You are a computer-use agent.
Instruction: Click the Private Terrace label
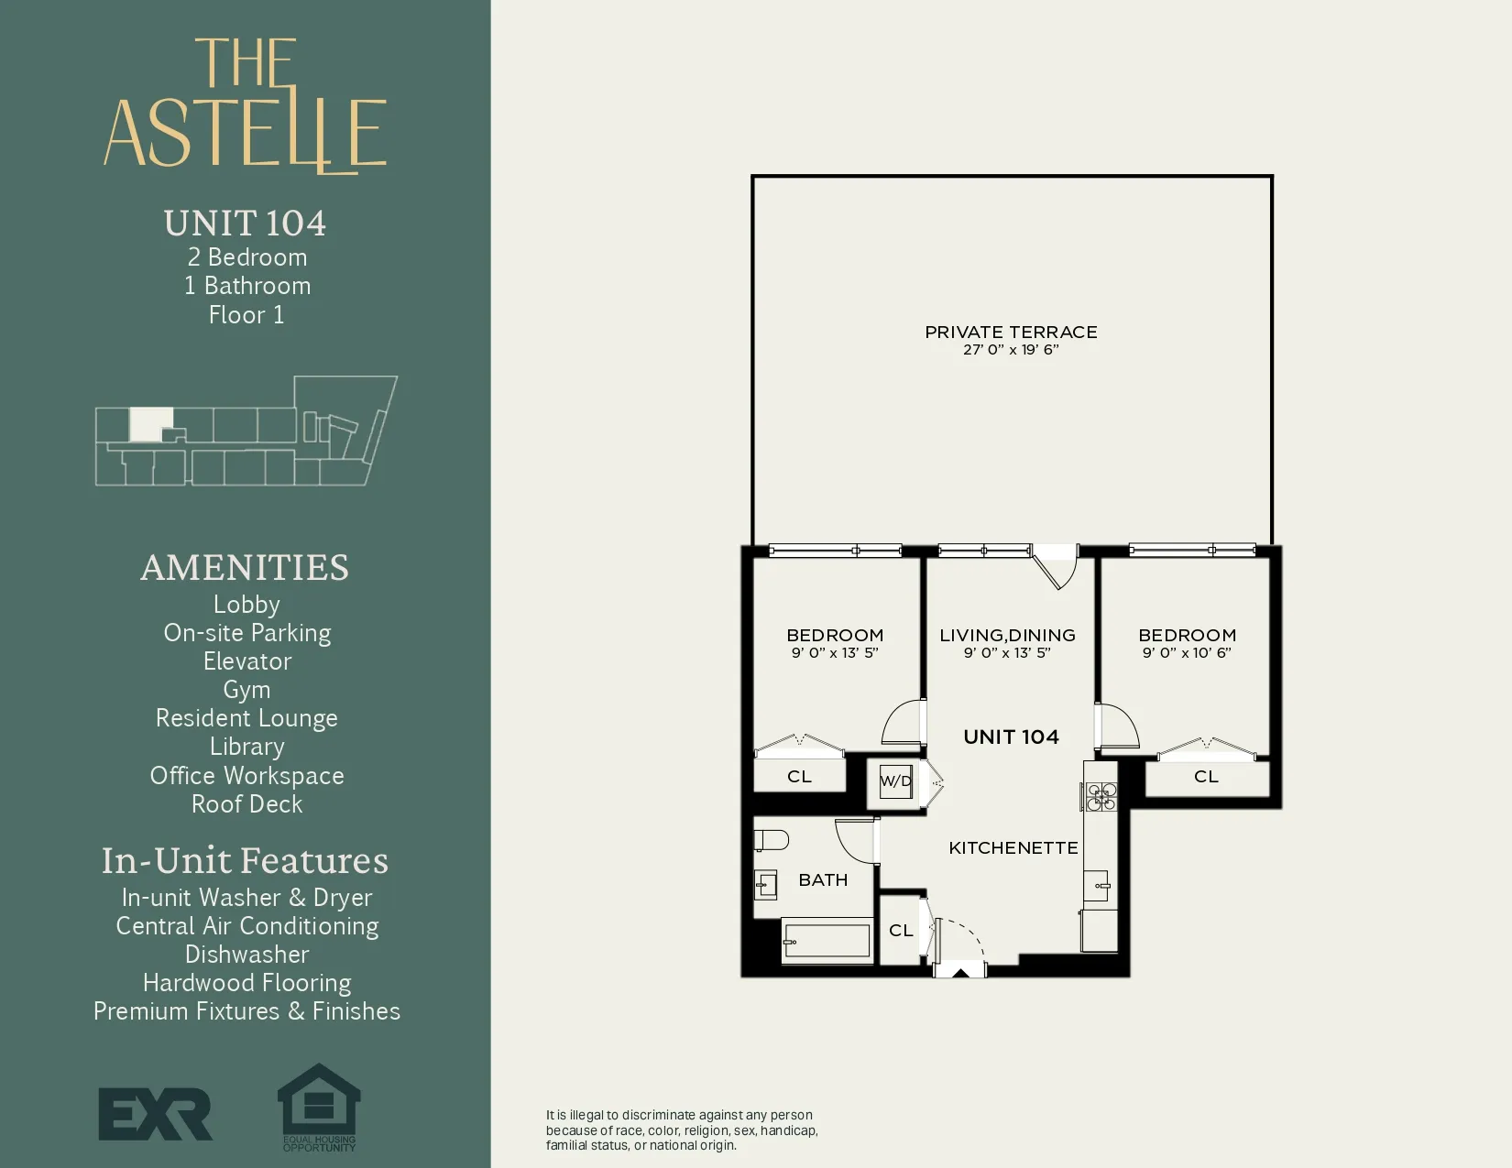click(x=1011, y=332)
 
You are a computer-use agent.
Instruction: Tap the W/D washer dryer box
click(x=895, y=781)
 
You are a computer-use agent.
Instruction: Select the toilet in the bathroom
click(x=771, y=839)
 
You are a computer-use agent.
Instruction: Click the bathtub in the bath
click(x=827, y=942)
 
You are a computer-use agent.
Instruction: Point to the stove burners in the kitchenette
click(x=1101, y=796)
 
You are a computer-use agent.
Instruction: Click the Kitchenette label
click(x=1013, y=848)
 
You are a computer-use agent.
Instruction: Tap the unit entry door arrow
click(x=959, y=971)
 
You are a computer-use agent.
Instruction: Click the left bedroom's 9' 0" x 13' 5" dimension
click(x=835, y=653)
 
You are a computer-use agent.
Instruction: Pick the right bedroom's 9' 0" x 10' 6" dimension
click(x=1187, y=653)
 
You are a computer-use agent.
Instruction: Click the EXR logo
click(x=155, y=1114)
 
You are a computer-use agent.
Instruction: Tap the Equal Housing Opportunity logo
click(x=319, y=1107)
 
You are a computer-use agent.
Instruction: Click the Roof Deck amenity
click(x=247, y=804)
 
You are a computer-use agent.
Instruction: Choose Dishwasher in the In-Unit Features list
click(x=247, y=955)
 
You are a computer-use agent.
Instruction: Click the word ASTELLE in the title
click(x=246, y=134)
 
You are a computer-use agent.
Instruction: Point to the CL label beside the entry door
click(x=901, y=931)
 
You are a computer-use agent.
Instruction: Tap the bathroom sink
click(x=766, y=885)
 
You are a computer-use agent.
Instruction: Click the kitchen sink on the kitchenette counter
click(x=1099, y=886)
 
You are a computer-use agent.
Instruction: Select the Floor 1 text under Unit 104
click(x=247, y=315)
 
